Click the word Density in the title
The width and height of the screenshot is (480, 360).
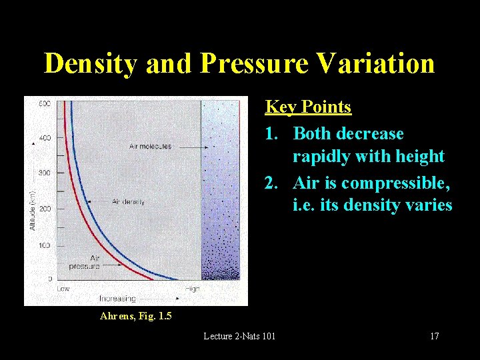point(90,63)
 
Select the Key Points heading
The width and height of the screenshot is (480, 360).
point(308,107)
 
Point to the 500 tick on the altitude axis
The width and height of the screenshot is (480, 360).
point(45,103)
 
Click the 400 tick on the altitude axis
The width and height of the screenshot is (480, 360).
point(45,138)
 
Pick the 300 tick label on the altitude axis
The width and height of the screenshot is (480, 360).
point(45,173)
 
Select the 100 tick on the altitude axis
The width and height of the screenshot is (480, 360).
point(45,245)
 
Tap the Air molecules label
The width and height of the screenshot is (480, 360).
point(150,146)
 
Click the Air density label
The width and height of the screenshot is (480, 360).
point(128,201)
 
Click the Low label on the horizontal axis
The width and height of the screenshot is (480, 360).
point(63,289)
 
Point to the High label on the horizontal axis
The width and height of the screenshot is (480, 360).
point(193,289)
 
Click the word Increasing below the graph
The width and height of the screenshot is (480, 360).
point(117,298)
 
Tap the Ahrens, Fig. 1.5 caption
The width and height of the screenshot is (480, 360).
point(135,316)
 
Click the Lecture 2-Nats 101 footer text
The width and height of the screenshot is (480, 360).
point(239,336)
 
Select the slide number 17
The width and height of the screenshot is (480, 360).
point(434,336)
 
